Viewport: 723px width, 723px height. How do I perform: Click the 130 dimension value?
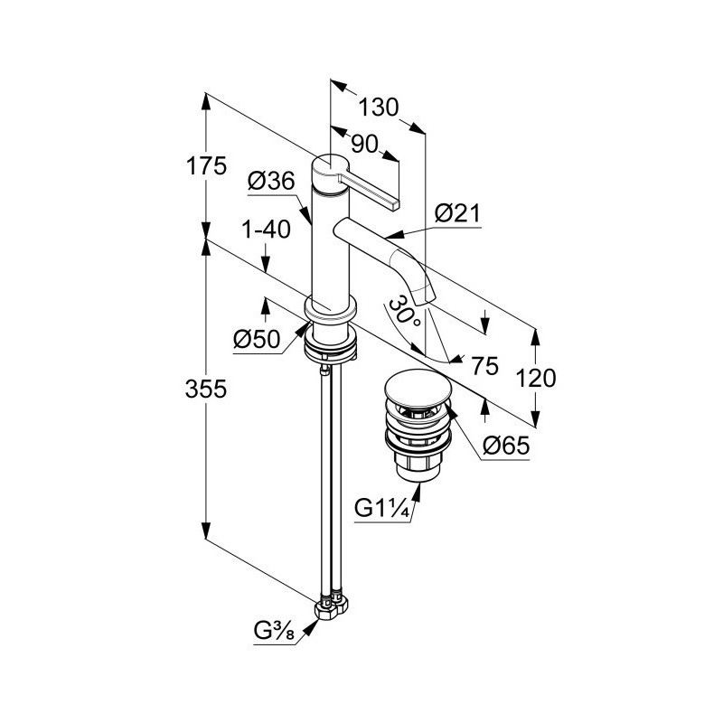tap(378, 108)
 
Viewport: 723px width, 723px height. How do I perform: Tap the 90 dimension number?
tap(364, 144)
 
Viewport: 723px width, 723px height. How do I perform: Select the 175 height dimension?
tap(206, 166)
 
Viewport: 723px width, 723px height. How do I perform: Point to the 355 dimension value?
tap(206, 389)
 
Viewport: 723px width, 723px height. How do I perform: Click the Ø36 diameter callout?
tap(271, 181)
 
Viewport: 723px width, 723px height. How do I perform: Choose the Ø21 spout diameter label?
tap(457, 213)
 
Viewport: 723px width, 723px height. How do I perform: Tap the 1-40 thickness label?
tap(266, 230)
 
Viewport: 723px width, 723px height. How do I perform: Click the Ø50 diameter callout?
tap(257, 340)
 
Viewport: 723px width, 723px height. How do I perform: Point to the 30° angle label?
tap(404, 312)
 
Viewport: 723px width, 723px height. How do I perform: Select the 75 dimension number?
tap(485, 366)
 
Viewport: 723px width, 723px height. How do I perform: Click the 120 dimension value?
tap(536, 378)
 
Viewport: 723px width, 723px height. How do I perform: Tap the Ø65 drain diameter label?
tap(506, 446)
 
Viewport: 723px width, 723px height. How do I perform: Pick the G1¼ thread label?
tap(382, 509)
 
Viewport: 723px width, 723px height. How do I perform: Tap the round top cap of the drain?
tap(411, 389)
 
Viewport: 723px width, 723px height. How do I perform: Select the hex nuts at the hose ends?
tap(332, 608)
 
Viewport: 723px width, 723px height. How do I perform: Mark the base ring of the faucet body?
tap(330, 308)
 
